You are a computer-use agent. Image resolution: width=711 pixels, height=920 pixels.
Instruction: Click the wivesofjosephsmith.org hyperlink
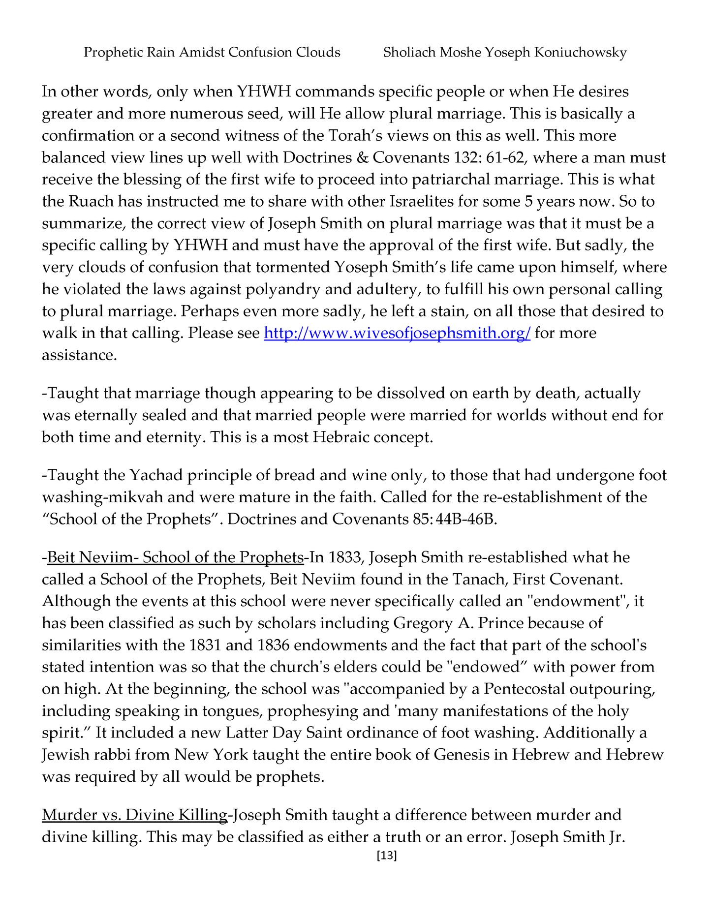click(x=397, y=333)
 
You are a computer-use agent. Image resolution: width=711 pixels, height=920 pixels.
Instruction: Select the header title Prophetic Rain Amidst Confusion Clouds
click(x=212, y=52)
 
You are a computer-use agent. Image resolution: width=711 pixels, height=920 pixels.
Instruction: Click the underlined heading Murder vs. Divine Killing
click(x=134, y=815)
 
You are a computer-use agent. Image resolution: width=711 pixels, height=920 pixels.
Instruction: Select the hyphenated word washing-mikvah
click(x=98, y=497)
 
